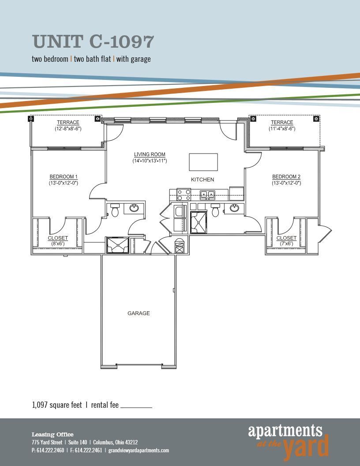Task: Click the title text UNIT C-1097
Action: tap(93, 42)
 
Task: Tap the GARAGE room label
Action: tap(139, 313)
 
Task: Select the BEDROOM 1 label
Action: tap(64, 177)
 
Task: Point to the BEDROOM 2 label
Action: tap(286, 177)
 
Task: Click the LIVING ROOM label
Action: tap(150, 155)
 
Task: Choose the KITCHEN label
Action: tap(202, 180)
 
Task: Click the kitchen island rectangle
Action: tap(203, 162)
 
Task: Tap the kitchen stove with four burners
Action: tap(184, 195)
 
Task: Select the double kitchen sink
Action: tap(207, 194)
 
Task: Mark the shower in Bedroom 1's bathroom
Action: tap(117, 245)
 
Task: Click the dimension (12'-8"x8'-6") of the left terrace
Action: tap(68, 129)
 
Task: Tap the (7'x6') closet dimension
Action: tap(286, 244)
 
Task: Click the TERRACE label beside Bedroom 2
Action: tap(282, 123)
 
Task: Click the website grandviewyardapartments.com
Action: tap(139, 451)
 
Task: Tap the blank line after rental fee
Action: tap(136, 406)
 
